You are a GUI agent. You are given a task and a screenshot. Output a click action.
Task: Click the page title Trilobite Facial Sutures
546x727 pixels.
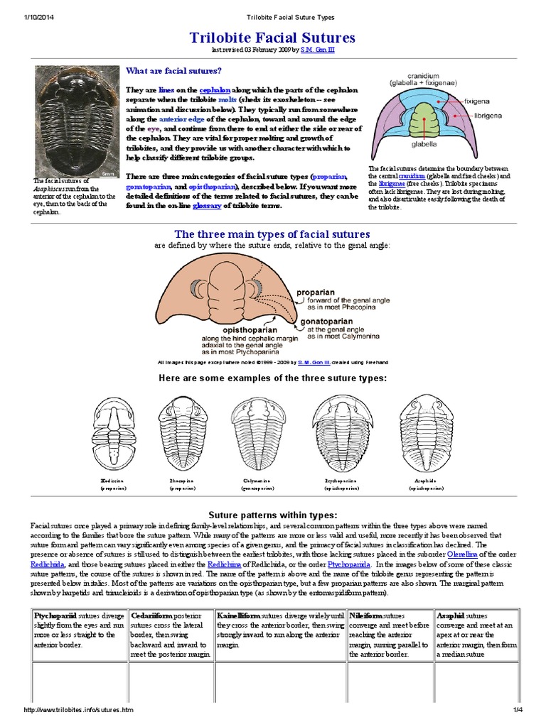(x=272, y=38)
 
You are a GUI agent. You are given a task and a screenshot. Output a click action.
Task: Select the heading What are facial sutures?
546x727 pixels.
(x=173, y=70)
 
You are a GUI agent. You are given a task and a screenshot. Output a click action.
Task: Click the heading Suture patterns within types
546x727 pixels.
(x=272, y=514)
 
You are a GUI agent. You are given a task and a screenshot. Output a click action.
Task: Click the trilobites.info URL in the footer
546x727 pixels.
(x=79, y=710)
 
